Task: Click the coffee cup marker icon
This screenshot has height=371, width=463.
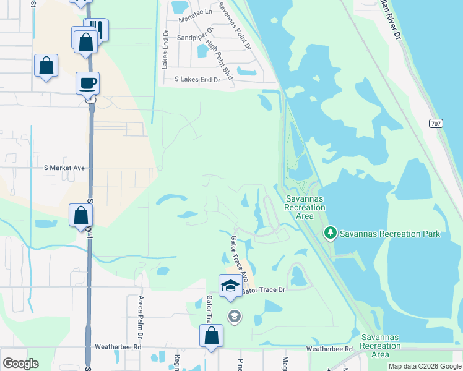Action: coord(87,83)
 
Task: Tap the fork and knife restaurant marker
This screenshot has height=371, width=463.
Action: coord(96,29)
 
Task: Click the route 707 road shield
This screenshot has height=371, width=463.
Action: coord(435,123)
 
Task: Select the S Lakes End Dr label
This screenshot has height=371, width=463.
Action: coord(197,80)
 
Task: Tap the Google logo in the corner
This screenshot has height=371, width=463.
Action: coord(20,363)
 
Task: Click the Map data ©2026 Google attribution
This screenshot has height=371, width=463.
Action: coord(425,366)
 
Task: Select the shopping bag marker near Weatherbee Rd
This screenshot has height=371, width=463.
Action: coord(211,336)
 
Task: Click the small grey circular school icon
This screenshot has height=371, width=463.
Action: coord(234,317)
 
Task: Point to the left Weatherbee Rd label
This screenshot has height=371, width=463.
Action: coord(118,348)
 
